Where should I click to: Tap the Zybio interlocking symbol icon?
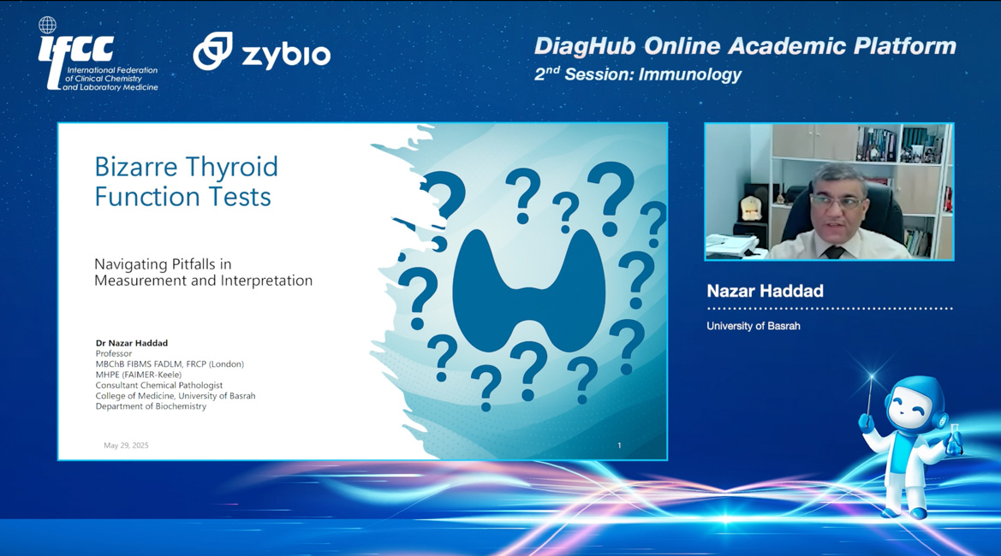[x=212, y=50]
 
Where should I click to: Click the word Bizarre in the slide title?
[x=136, y=167]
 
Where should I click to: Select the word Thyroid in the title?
[x=231, y=168]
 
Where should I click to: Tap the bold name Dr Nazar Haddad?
[x=132, y=343]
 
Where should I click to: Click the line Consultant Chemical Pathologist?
[x=159, y=385]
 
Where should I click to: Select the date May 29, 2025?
[x=126, y=446]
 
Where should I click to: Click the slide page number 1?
[x=619, y=446]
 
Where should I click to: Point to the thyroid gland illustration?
[x=528, y=291]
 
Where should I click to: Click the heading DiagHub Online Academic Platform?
[x=745, y=46]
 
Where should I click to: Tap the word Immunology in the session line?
[x=690, y=74]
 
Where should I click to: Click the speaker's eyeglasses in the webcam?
[x=837, y=203]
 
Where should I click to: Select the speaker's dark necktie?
[x=834, y=251]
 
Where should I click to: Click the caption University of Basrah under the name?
[x=754, y=326]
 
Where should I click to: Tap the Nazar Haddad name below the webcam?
[x=765, y=292]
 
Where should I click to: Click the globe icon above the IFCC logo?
[x=47, y=25]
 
